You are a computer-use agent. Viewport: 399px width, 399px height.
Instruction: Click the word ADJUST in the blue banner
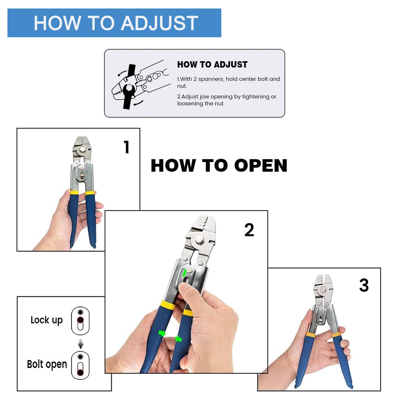point(160,23)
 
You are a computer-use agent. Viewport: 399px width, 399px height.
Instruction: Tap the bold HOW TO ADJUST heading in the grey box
point(212,64)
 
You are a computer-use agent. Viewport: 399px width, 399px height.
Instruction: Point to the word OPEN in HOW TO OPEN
point(261,165)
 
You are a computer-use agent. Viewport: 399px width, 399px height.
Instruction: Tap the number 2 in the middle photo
point(249,230)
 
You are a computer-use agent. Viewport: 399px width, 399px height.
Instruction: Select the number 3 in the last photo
point(364,285)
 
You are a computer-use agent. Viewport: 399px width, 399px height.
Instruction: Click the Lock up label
point(47,320)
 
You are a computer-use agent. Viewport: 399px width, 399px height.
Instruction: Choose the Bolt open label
point(47,364)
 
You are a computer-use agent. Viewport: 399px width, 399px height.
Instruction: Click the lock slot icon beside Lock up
point(80,321)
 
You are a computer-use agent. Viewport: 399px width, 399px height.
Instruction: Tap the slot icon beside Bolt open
point(80,365)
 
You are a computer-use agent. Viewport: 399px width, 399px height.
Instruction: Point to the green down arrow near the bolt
point(184,273)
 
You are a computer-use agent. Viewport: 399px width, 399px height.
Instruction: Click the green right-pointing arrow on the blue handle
point(162,333)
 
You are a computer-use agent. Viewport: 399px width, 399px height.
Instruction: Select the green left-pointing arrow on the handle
point(178,339)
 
